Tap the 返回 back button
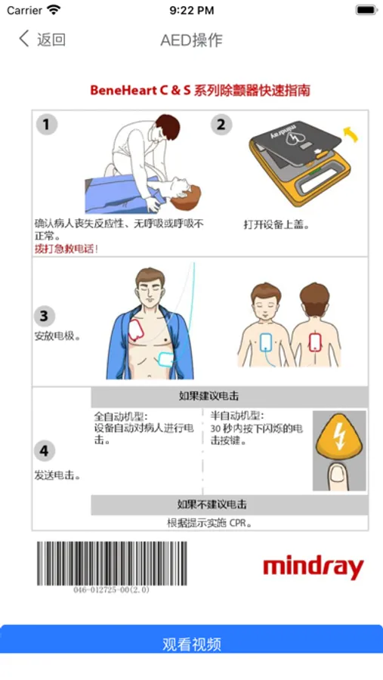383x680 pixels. [x=42, y=39]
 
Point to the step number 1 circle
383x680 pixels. [x=46, y=125]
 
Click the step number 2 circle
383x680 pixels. [x=221, y=125]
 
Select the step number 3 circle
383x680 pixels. [x=45, y=316]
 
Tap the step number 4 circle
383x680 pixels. [x=45, y=451]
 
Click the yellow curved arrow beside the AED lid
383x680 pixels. [x=351, y=134]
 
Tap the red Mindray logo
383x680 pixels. [x=314, y=567]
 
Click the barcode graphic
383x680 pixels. [x=112, y=564]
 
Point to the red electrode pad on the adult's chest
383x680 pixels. [x=136, y=330]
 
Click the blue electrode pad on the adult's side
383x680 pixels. [x=165, y=359]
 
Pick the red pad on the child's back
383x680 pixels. [x=314, y=342]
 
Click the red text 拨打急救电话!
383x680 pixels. [x=66, y=249]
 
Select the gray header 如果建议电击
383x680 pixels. [x=208, y=396]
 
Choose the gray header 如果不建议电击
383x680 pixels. [x=212, y=505]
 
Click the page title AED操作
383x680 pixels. [x=191, y=40]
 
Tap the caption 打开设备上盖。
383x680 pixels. [x=276, y=225]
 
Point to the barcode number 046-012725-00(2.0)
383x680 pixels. [x=112, y=590]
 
